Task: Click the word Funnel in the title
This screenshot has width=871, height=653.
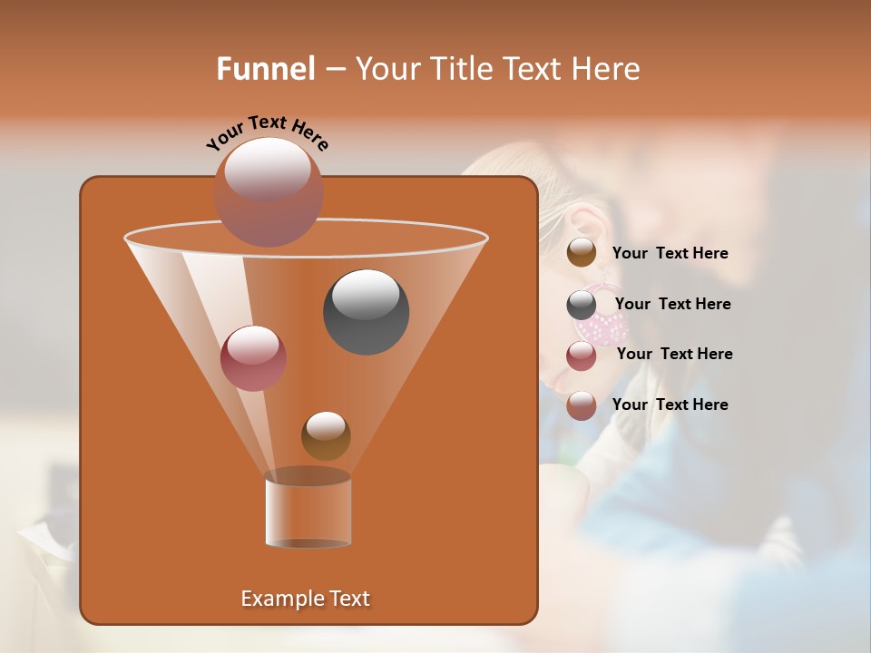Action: [x=265, y=69]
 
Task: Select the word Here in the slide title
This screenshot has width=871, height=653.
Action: [x=605, y=69]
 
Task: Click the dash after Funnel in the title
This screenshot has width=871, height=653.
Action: [x=334, y=70]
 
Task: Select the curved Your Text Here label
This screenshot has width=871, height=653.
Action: [x=268, y=132]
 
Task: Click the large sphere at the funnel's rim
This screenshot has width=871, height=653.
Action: [x=268, y=191]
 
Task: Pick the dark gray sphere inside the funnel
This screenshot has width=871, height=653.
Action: [x=366, y=311]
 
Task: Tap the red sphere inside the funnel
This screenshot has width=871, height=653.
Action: [x=253, y=357]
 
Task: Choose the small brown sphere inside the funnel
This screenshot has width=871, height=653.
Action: [x=326, y=435]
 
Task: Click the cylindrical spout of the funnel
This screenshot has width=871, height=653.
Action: [x=308, y=512]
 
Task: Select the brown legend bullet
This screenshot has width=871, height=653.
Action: [x=582, y=253]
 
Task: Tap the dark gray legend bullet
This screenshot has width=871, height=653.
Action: [x=582, y=305]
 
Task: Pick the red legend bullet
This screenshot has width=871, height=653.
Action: [x=582, y=356]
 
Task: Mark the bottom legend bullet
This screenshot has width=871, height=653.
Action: [x=582, y=405]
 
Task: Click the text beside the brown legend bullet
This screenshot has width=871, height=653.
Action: [x=670, y=253]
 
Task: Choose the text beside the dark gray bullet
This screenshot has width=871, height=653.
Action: [x=672, y=304]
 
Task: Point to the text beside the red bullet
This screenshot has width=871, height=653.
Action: [x=674, y=354]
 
